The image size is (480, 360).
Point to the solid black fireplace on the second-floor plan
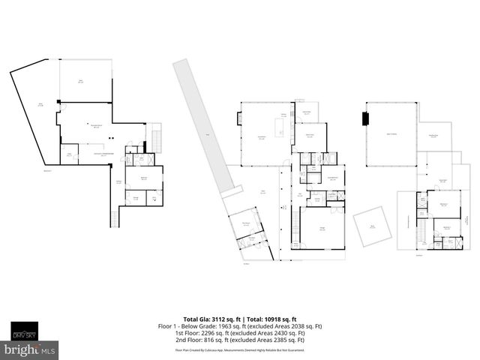pos(366,119)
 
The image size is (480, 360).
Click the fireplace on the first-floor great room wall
pos(239,118)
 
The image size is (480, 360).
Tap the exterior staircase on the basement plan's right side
pos(157,139)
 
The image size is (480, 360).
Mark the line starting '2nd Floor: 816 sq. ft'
pos(239,340)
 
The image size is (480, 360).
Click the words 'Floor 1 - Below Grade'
pos(187,326)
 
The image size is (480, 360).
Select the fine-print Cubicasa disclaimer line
pos(239,349)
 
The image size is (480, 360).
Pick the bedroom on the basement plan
pos(143,178)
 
